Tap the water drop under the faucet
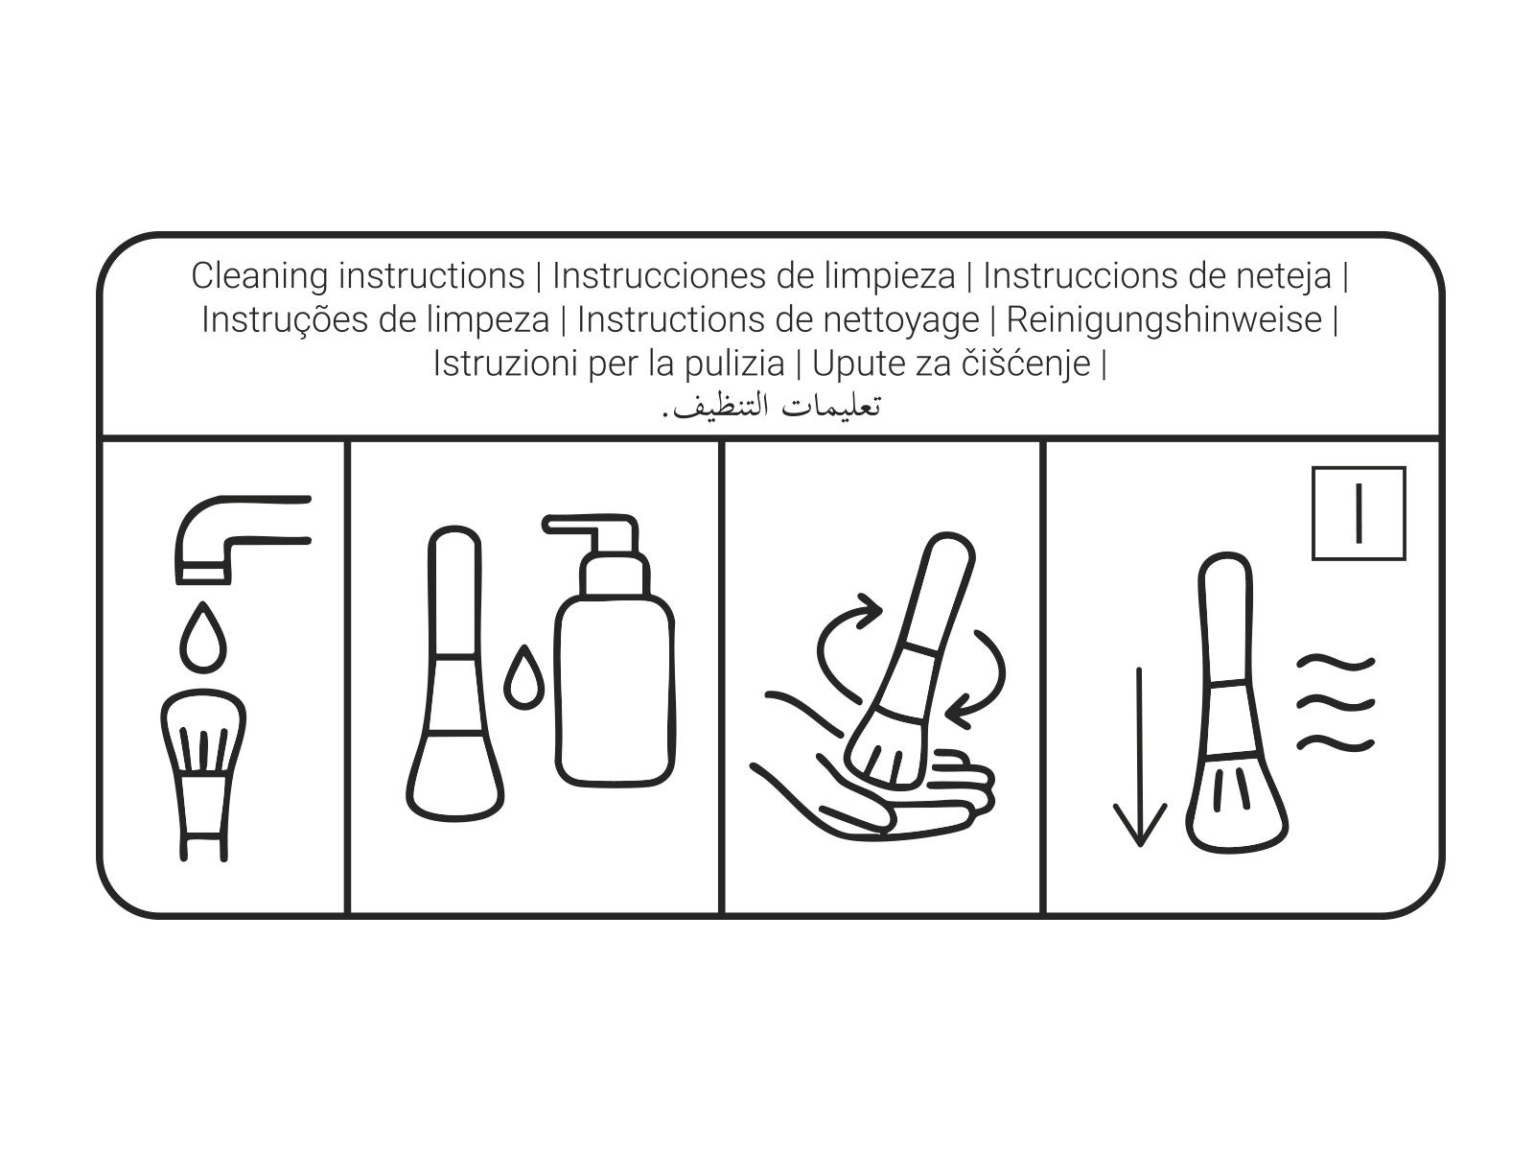(x=202, y=637)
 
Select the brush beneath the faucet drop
(x=203, y=775)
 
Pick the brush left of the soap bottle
(x=454, y=674)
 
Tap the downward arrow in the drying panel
(x=1139, y=757)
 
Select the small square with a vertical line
(x=1359, y=514)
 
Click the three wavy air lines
(x=1336, y=702)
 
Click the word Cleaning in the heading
(x=259, y=277)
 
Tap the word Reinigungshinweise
(x=1164, y=320)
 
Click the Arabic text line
(x=771, y=407)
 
